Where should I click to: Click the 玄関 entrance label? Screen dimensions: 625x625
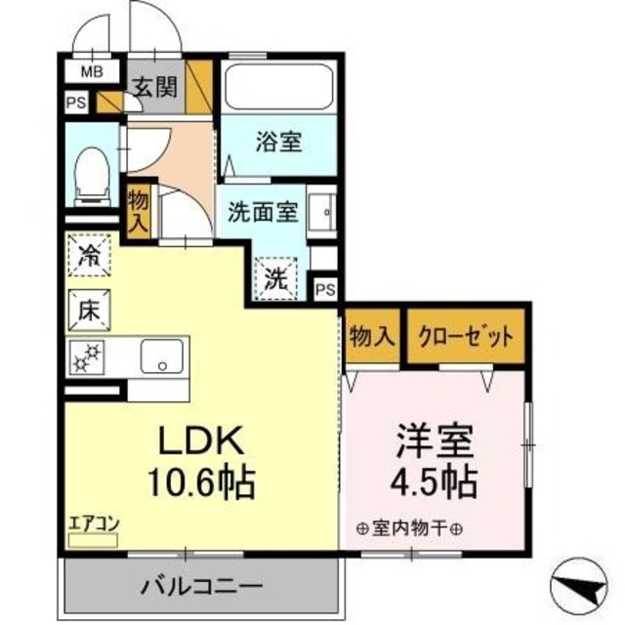(x=155, y=88)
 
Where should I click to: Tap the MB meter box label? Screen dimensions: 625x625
(x=91, y=71)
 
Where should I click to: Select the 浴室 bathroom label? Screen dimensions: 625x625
(x=278, y=143)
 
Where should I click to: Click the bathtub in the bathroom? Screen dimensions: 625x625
(x=278, y=88)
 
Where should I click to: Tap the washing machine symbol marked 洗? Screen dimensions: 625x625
(x=278, y=276)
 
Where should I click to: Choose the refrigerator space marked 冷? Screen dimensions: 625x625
(x=90, y=259)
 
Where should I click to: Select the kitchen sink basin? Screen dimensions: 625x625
(x=162, y=356)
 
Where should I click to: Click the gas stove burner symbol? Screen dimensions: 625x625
(x=89, y=357)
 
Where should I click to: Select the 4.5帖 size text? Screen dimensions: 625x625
(x=434, y=480)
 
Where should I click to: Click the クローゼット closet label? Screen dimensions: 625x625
(x=465, y=337)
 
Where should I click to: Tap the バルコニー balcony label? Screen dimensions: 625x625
(x=200, y=588)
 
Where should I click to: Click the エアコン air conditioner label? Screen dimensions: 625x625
(x=93, y=522)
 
